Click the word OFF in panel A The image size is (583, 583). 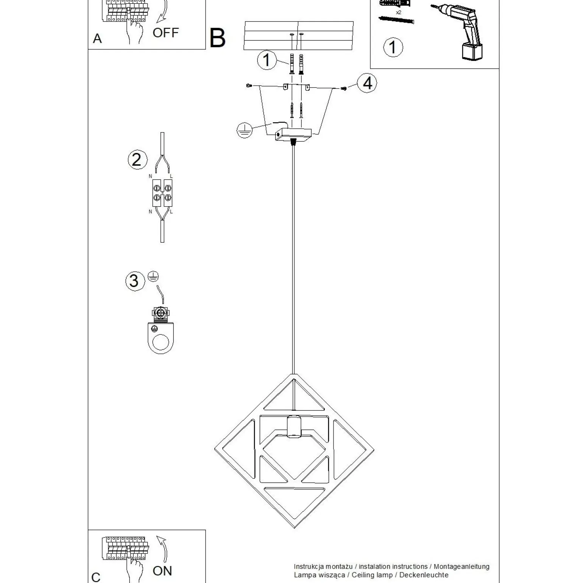[x=165, y=33]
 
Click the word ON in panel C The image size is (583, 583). [x=162, y=571]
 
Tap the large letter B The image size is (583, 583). [x=217, y=38]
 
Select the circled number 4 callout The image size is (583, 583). [x=367, y=83]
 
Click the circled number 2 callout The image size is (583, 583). [x=137, y=159]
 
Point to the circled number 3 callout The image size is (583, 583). [x=134, y=281]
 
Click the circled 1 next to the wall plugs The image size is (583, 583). [x=267, y=60]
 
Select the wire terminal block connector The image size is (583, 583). [x=162, y=193]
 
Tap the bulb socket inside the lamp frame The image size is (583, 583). [x=293, y=426]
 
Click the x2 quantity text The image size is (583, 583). [x=398, y=12]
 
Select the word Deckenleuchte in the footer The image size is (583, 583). [x=424, y=575]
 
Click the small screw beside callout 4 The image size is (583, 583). [x=344, y=89]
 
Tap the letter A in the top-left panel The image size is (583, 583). [x=97, y=39]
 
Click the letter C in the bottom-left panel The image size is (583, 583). [x=96, y=577]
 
